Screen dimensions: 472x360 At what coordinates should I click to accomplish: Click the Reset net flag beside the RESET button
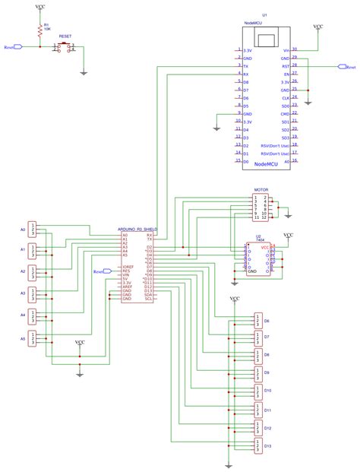pos(13,47)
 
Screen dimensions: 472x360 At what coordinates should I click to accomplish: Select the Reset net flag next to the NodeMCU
pos(349,67)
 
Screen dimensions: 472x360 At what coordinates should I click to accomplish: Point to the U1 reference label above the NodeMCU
pos(264,14)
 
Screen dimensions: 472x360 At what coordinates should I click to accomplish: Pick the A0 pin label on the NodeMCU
pos(286,161)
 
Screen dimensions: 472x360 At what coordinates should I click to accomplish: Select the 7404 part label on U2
pos(258,240)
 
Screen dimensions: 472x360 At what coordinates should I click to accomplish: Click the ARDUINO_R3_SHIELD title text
pos(137,228)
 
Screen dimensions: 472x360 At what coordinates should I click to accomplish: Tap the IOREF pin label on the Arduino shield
pos(128,268)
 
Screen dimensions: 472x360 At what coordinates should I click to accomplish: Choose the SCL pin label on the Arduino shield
pos(149,299)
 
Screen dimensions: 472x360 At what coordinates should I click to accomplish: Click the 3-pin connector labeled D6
pos(259,320)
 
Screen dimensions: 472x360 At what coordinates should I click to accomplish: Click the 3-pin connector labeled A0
pos(32,230)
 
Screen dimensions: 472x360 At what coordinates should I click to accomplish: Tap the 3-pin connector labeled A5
pos(32,337)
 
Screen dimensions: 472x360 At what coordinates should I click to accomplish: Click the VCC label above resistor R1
pos(39,6)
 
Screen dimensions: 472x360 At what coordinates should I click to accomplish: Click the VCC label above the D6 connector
pos(235,299)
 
